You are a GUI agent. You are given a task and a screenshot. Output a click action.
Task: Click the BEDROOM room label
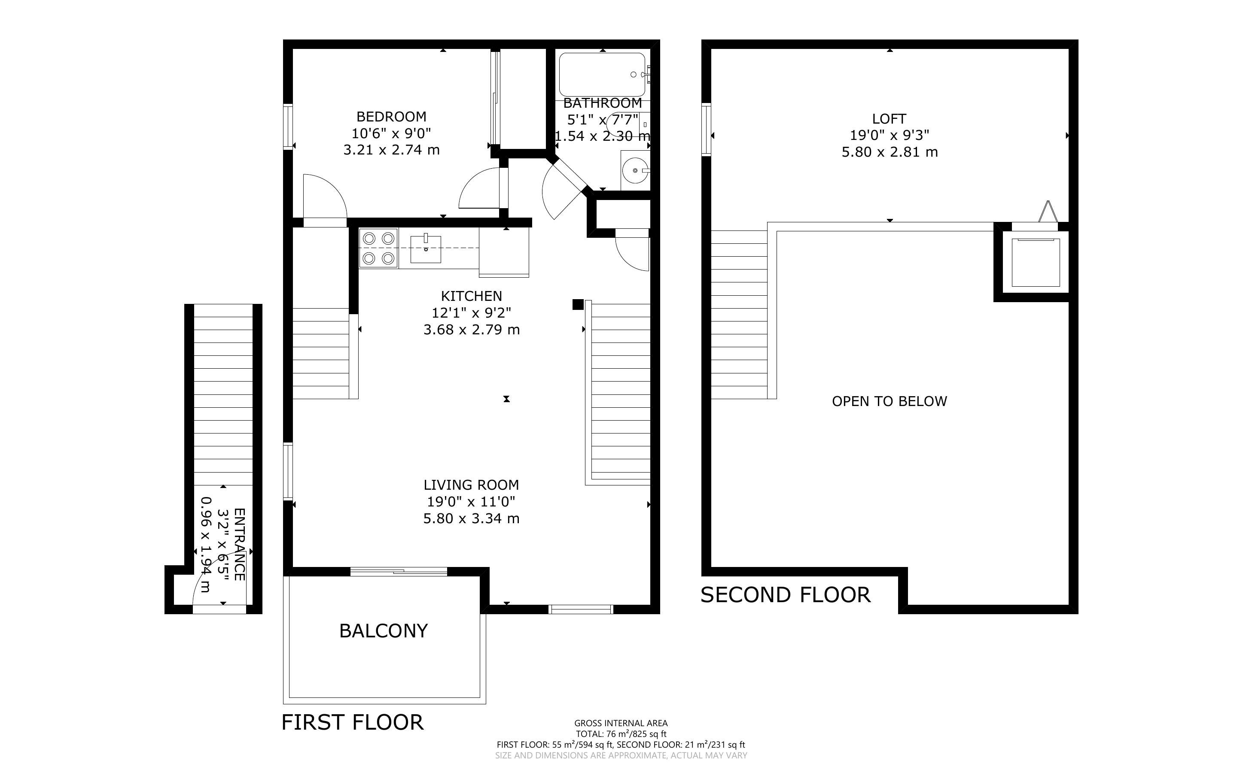391,116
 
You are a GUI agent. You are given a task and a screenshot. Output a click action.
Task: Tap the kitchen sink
426,249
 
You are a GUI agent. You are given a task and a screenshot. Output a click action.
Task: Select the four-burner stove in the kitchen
378,249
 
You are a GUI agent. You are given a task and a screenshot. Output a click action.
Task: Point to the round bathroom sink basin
636,170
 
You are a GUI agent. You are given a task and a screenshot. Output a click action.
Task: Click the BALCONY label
384,631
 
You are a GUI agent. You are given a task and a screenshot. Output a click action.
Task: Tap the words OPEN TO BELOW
889,401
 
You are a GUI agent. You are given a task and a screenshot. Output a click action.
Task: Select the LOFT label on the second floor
889,119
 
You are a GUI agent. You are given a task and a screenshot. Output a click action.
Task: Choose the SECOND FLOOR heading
786,595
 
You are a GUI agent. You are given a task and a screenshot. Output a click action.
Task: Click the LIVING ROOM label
471,485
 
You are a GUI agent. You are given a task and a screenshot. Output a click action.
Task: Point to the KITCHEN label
471,296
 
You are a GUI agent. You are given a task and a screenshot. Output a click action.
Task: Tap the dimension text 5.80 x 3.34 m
471,519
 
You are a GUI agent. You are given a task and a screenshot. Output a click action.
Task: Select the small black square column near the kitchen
578,305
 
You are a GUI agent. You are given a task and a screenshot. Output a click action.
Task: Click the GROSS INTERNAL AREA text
621,724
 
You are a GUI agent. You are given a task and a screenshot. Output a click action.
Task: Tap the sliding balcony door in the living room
399,571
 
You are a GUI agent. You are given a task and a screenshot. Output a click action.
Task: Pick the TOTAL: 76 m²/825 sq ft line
621,734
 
